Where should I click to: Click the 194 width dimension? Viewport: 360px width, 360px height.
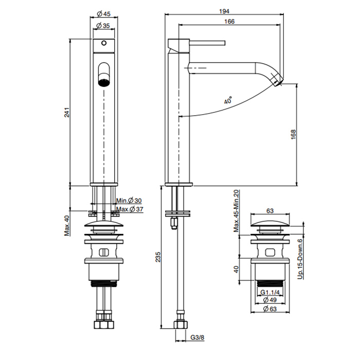tap(225, 11)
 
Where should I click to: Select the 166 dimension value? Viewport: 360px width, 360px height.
tap(229, 21)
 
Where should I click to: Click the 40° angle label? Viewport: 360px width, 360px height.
tap(228, 101)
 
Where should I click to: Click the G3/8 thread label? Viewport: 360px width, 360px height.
tap(196, 337)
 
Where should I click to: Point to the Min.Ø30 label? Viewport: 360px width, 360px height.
tap(128, 201)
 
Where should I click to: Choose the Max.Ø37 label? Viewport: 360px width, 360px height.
tap(129, 209)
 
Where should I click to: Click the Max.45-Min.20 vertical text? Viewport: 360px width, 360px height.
tap(237, 211)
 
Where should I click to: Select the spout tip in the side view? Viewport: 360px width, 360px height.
tap(278, 82)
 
